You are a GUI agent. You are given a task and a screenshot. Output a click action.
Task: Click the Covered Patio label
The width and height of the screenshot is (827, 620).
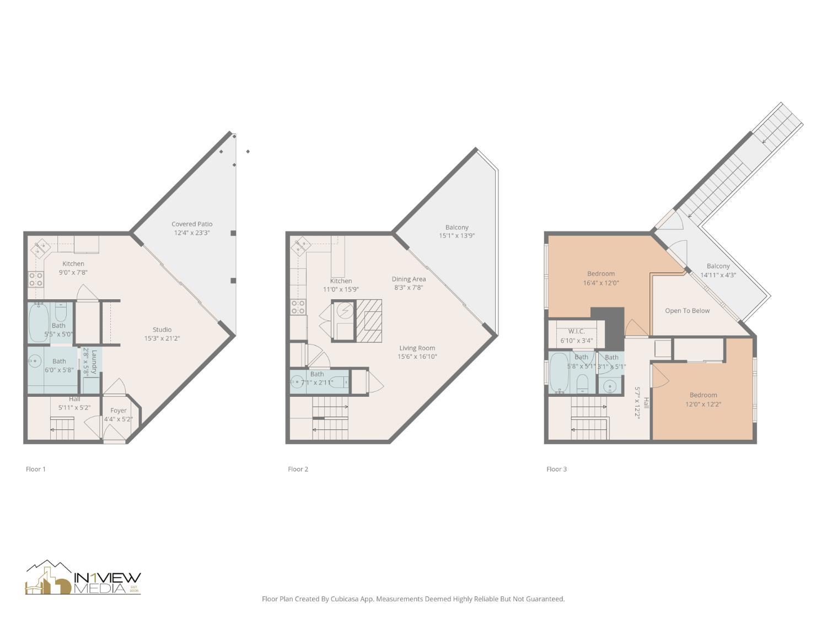point(191,224)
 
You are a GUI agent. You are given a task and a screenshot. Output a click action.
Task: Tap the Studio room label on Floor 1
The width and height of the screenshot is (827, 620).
point(162,330)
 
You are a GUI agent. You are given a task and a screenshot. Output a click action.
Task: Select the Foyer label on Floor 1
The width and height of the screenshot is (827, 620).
point(119,411)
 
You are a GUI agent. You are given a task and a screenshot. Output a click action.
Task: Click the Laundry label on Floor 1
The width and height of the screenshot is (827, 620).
point(94,362)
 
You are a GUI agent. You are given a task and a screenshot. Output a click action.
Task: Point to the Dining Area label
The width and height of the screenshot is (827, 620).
point(409,279)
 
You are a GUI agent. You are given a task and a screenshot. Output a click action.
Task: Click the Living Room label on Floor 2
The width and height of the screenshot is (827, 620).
point(417,348)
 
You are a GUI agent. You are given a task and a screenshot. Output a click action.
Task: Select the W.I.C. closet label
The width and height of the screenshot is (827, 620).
point(576,332)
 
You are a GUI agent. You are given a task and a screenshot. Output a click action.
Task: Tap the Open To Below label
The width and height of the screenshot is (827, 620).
point(687,311)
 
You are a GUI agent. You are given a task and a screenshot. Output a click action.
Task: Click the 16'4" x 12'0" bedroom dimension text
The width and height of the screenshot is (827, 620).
point(601,283)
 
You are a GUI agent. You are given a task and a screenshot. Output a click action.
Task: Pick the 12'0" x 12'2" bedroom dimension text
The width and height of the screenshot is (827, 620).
point(703,404)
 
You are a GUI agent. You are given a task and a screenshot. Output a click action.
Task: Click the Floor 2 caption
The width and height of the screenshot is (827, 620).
point(298,469)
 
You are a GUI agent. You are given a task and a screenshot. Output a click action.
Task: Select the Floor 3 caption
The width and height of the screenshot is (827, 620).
point(556,469)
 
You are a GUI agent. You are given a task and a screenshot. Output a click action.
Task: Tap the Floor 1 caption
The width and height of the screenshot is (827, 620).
point(36,469)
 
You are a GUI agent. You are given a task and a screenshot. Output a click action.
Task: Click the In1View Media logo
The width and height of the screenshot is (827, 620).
point(83,579)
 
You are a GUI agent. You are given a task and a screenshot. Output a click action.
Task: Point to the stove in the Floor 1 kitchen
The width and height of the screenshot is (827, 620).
point(36,279)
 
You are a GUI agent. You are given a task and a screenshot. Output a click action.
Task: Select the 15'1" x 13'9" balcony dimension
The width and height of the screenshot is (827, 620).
point(457,236)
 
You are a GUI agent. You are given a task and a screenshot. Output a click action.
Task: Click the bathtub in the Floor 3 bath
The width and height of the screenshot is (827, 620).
point(559,373)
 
